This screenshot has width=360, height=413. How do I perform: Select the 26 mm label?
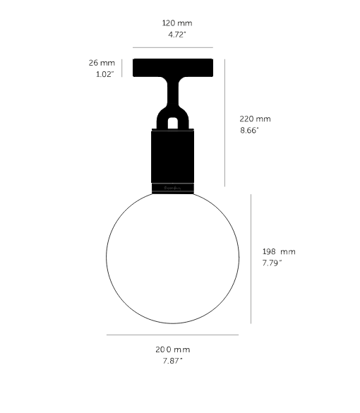[102, 63]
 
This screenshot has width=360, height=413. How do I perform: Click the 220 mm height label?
[255, 119]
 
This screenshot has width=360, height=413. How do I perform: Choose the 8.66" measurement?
[251, 131]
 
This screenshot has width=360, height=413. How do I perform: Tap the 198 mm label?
[278, 251]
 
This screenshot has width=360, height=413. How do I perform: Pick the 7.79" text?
[272, 263]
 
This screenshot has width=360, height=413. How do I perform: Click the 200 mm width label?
[172, 349]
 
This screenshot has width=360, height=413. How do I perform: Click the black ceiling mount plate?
[172, 68]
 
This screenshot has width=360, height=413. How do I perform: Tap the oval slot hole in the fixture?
[172, 122]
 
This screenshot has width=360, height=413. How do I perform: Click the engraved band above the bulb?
[172, 188]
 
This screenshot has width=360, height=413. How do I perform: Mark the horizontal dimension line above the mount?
[172, 48]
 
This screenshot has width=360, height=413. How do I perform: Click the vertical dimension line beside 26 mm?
[122, 68]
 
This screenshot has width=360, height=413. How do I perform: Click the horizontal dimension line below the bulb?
[172, 335]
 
